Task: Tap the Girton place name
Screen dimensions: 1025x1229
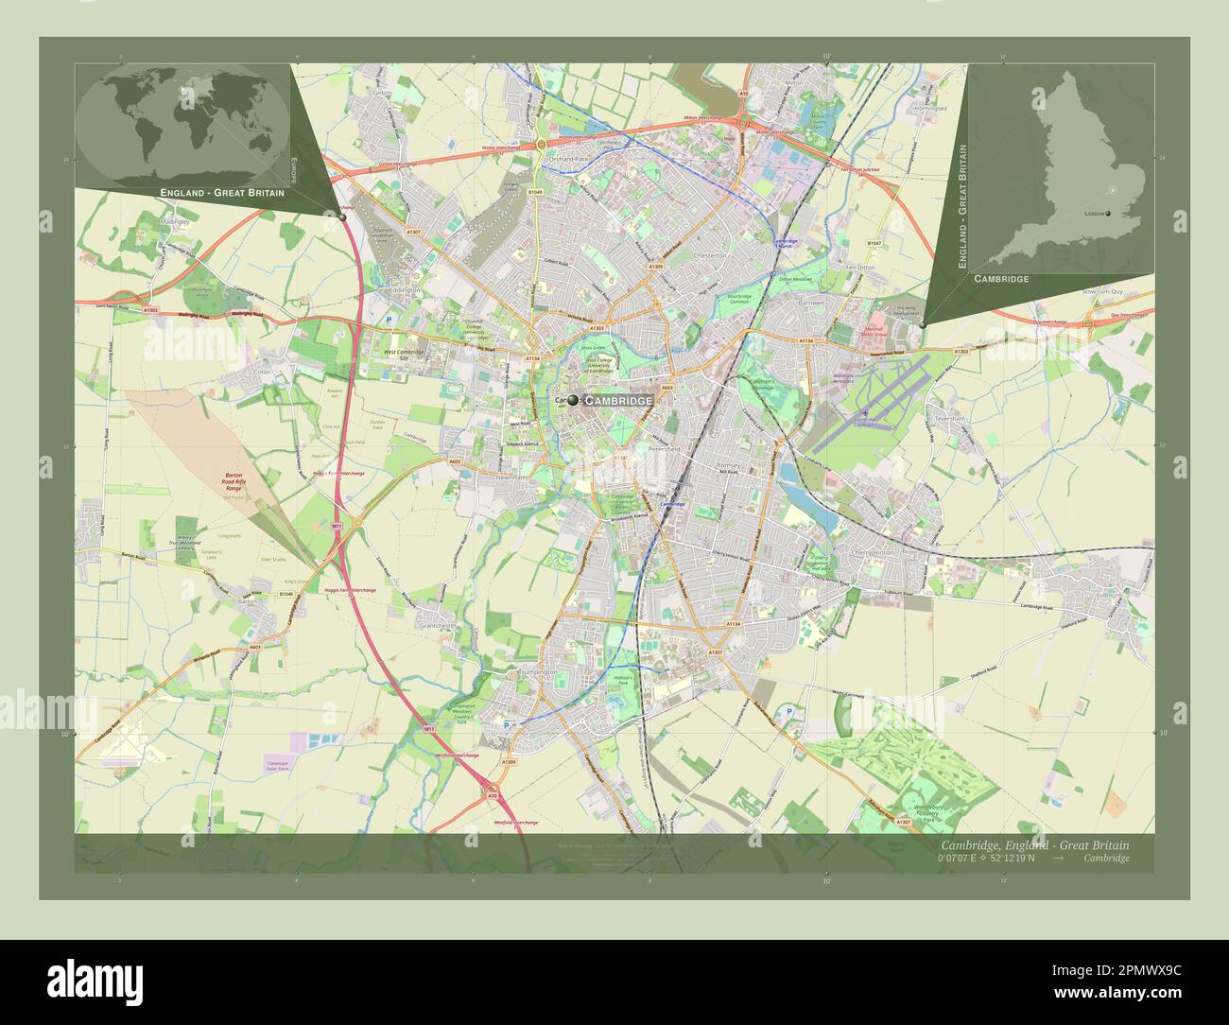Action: pyautogui.click(x=382, y=94)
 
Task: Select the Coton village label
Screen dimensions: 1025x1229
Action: pyautogui.click(x=263, y=373)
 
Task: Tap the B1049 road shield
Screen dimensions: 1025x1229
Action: pyautogui.click(x=536, y=192)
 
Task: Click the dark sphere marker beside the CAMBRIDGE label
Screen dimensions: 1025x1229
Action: pyautogui.click(x=573, y=401)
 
